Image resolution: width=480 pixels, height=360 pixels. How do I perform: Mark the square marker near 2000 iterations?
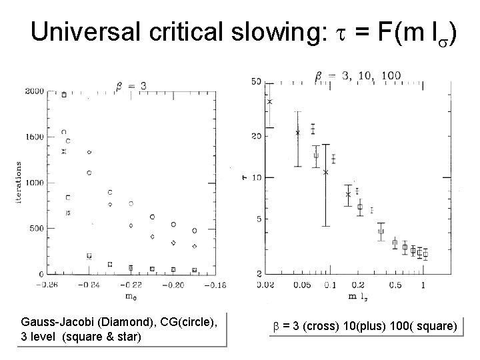click(64, 95)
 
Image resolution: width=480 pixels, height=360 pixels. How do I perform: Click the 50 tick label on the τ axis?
click(256, 81)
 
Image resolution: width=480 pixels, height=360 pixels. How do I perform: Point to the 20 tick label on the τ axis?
click(256, 136)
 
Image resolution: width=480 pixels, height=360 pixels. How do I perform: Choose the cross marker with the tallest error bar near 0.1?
click(326, 172)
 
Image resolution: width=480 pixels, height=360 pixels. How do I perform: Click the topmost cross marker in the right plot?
click(270, 101)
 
